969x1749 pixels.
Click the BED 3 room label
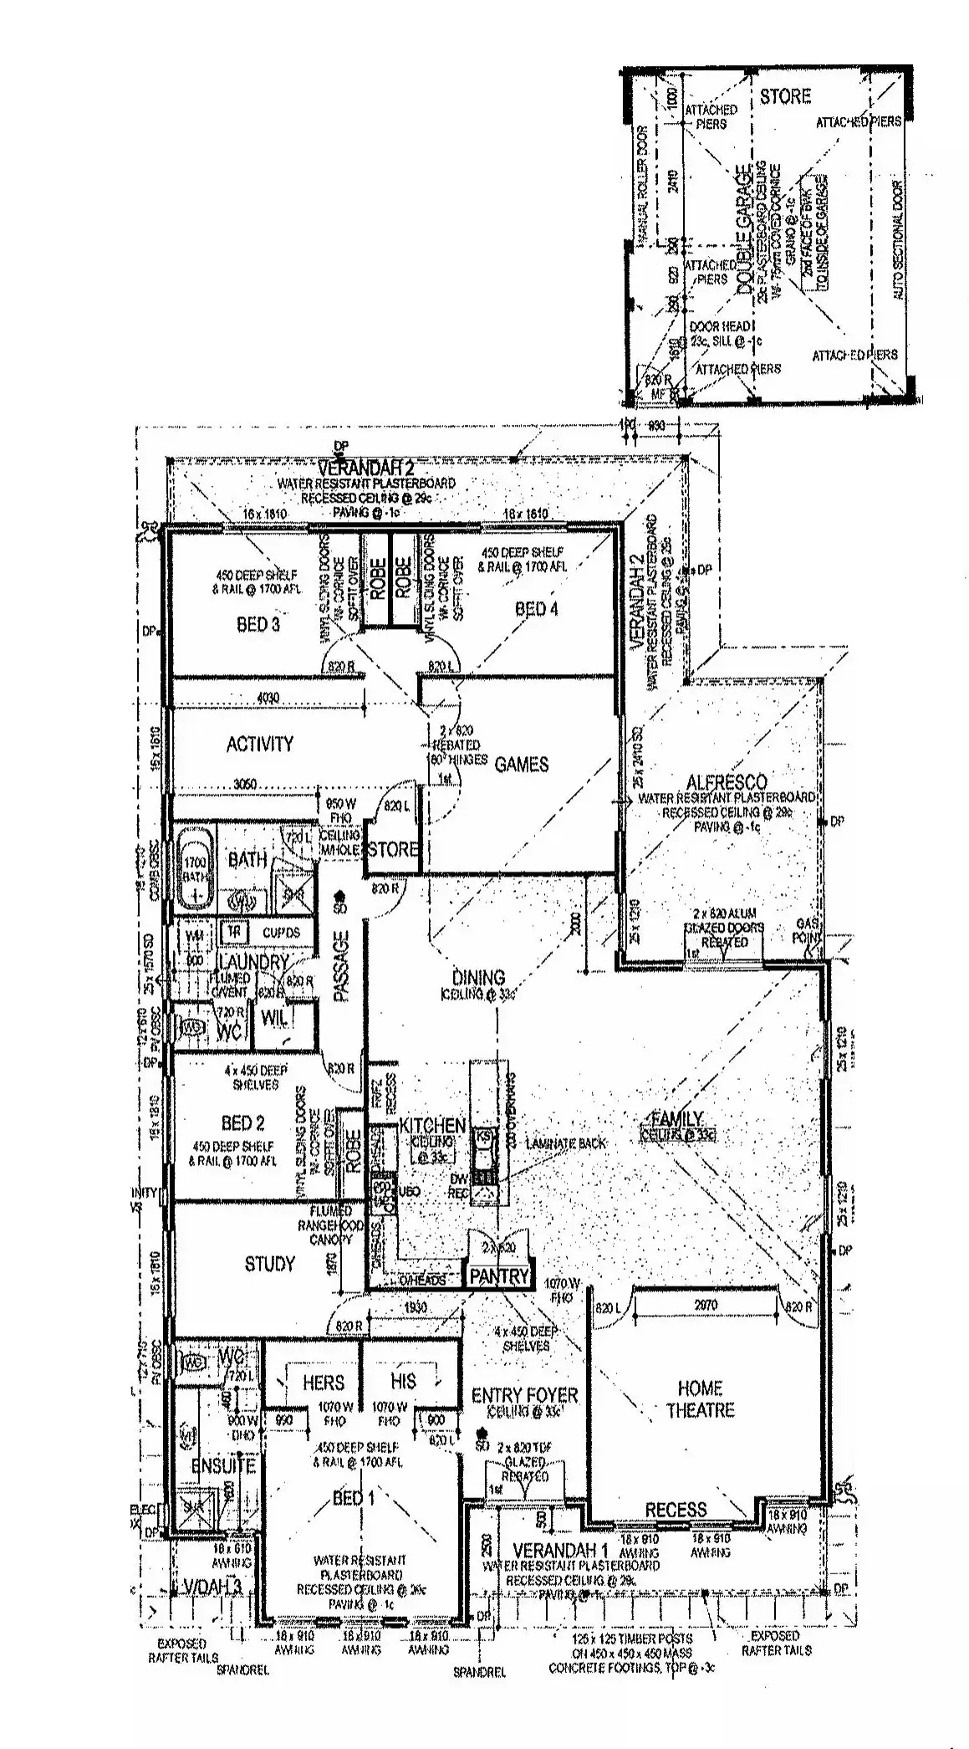[x=258, y=624]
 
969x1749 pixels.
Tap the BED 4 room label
[x=536, y=609]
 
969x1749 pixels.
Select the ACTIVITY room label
[x=260, y=744]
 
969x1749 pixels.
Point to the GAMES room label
[x=522, y=764]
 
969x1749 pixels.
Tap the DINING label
[x=478, y=977]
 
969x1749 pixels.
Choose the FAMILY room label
[x=677, y=1119]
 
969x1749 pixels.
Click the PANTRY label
[x=499, y=1276]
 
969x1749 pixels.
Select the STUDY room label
[x=269, y=1263]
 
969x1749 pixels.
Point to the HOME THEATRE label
[x=700, y=1399]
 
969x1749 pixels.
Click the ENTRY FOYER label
[x=524, y=1395]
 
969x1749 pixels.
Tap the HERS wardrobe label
[x=324, y=1383]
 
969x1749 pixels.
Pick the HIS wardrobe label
[x=403, y=1381]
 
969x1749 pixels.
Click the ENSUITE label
[x=222, y=1465]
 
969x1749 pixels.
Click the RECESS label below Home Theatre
[x=676, y=1510]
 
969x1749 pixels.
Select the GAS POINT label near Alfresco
[x=808, y=928]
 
